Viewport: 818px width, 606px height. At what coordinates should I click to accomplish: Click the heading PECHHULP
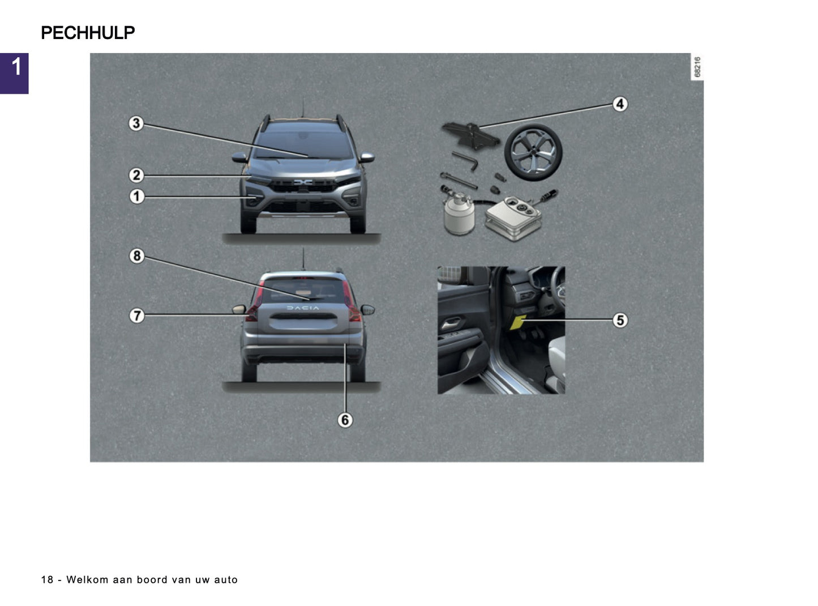tap(88, 33)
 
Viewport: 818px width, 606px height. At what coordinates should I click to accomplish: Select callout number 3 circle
tap(136, 123)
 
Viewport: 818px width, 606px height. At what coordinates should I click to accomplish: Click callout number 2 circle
tap(136, 175)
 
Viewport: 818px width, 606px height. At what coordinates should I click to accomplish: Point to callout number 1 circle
tap(136, 197)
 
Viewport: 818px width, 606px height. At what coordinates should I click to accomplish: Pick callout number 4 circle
tap(620, 104)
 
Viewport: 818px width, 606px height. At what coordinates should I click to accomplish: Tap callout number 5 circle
tap(620, 320)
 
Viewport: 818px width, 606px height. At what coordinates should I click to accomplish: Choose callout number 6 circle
tap(345, 420)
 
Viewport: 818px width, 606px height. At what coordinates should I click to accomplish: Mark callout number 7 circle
tap(136, 315)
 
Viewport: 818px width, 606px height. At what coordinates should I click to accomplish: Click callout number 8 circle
tap(136, 255)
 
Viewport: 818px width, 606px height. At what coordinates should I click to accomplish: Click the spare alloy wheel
tap(533, 152)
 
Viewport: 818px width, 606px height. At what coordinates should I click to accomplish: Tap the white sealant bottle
tap(458, 216)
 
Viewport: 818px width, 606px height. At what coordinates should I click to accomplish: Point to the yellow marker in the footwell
tap(517, 322)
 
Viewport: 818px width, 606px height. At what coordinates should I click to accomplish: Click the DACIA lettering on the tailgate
tap(303, 308)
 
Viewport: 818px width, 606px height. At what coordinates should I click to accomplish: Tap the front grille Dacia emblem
tap(303, 182)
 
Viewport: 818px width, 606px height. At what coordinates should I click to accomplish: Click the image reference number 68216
tap(697, 67)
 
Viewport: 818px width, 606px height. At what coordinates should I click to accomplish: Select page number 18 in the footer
tap(47, 579)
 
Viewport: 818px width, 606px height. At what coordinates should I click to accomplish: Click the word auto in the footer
tap(226, 579)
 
